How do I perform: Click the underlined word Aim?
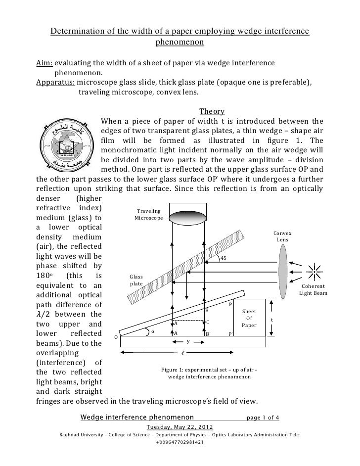point(45,64)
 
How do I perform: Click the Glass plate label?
point(136,280)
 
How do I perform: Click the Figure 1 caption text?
point(209,373)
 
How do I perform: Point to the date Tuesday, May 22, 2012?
point(180,427)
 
